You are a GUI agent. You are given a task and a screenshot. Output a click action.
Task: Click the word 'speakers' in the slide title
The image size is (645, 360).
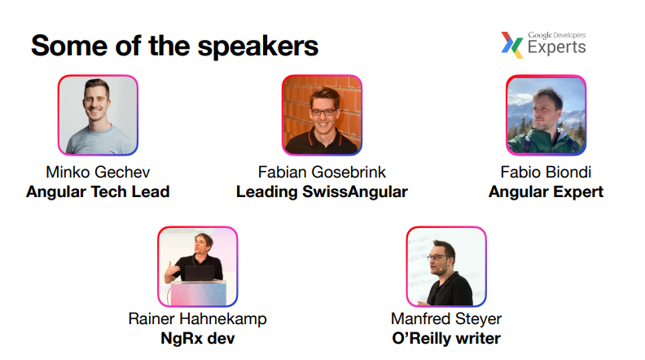(258, 47)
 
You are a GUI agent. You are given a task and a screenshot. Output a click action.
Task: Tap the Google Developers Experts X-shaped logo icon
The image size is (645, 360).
(511, 45)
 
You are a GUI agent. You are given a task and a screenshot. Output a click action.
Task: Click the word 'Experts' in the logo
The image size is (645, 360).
(556, 47)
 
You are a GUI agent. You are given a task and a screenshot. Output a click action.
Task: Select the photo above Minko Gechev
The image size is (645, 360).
(98, 115)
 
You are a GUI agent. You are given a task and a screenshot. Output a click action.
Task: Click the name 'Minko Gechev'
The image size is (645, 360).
(98, 172)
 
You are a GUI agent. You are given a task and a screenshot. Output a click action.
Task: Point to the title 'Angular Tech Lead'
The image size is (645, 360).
(98, 191)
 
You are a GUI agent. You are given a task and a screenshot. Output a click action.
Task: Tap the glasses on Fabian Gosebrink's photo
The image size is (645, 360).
(323, 112)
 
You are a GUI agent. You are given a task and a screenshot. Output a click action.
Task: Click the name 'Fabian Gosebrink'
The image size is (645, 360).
(322, 172)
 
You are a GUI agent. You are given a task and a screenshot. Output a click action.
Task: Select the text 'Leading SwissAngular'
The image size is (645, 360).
(322, 191)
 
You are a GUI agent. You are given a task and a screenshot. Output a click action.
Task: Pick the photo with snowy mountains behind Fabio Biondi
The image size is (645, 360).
(546, 115)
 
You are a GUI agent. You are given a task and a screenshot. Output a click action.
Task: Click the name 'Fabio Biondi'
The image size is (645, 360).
(546, 172)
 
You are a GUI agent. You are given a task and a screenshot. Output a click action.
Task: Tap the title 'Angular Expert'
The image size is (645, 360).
(546, 191)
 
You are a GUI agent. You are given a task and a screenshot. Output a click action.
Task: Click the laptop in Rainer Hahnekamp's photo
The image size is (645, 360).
(200, 273)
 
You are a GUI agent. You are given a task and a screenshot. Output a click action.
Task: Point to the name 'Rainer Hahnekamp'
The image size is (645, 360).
(197, 318)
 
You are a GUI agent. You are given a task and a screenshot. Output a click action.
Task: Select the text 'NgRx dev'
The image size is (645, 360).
(197, 338)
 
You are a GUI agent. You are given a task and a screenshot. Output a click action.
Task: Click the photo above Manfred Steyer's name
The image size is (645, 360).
(446, 266)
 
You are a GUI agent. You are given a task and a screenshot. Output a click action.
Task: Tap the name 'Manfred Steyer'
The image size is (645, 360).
(446, 318)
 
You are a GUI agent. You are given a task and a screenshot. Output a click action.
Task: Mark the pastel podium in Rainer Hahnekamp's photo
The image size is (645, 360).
(199, 293)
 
